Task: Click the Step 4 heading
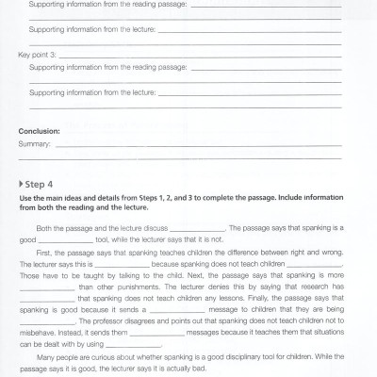[x=41, y=184]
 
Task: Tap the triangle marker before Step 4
[x=21, y=184]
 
